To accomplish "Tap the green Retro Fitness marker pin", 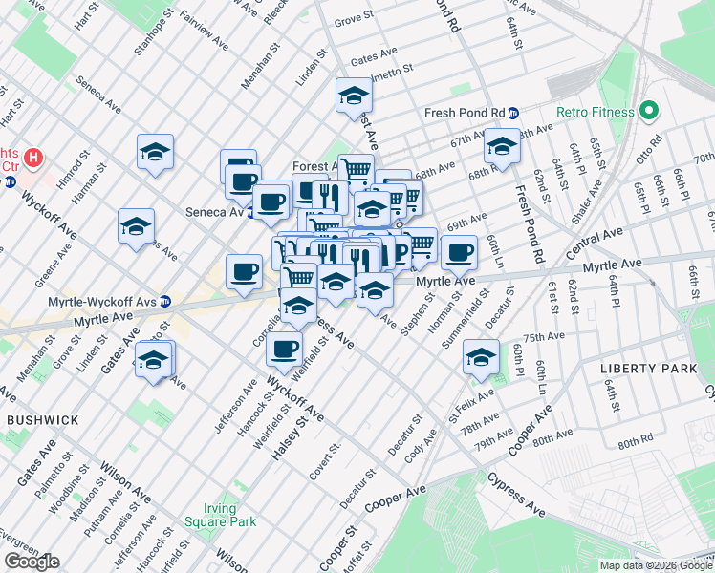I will click(647, 111).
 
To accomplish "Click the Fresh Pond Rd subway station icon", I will click(512, 112).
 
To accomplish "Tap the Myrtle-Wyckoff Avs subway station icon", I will click(165, 301).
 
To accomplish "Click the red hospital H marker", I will click(33, 156).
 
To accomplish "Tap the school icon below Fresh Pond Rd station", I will click(501, 146).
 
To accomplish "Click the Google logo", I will click(32, 562).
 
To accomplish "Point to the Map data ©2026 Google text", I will click(656, 565).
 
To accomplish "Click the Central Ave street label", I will click(597, 236).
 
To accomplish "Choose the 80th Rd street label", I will click(635, 443).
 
